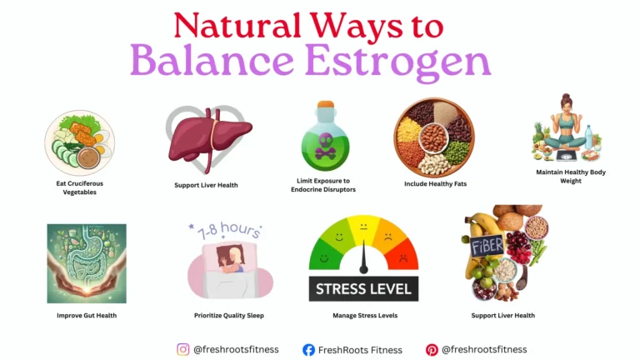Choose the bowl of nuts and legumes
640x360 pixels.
pos(433,137)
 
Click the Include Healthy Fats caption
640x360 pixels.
pos(432,185)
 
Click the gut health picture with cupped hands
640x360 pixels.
pos(87,262)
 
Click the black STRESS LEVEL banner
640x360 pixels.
pos(363,289)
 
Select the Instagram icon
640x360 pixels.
pos(183,349)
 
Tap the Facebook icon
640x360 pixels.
pos(308,350)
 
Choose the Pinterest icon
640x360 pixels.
pos(432,350)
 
